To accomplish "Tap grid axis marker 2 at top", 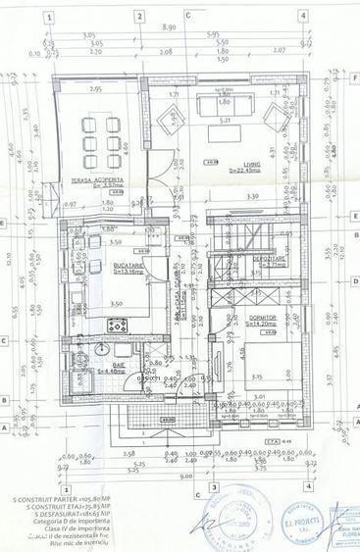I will (x=142, y=17).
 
